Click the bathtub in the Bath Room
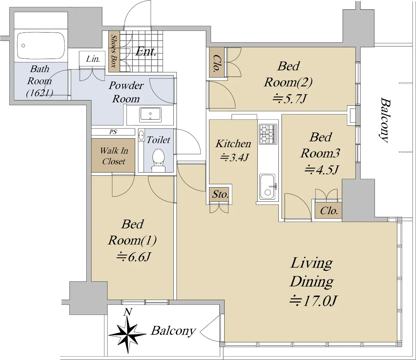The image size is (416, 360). tap(41, 46)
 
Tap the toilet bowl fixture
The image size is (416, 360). tap(158, 160)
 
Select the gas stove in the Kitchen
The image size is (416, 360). tap(268, 134)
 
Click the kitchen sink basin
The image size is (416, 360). tap(267, 187)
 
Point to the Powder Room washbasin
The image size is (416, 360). tap(150, 115)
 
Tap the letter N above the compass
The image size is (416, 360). tap(128, 312)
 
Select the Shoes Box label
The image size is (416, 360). tap(114, 51)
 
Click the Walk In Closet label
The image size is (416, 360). tap(114, 156)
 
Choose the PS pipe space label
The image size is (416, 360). tap(113, 132)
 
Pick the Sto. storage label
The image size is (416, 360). tap(220, 194)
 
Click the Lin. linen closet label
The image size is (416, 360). tap(93, 59)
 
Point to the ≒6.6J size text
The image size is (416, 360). tap(133, 257)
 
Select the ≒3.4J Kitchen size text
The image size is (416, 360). tap(234, 157)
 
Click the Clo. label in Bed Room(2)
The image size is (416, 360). tap(216, 63)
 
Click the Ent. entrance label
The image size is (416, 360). tap(146, 52)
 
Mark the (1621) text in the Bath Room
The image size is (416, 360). tap(40, 93)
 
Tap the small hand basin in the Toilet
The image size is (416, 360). tap(141, 135)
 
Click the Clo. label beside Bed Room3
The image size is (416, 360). tap(329, 211)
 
